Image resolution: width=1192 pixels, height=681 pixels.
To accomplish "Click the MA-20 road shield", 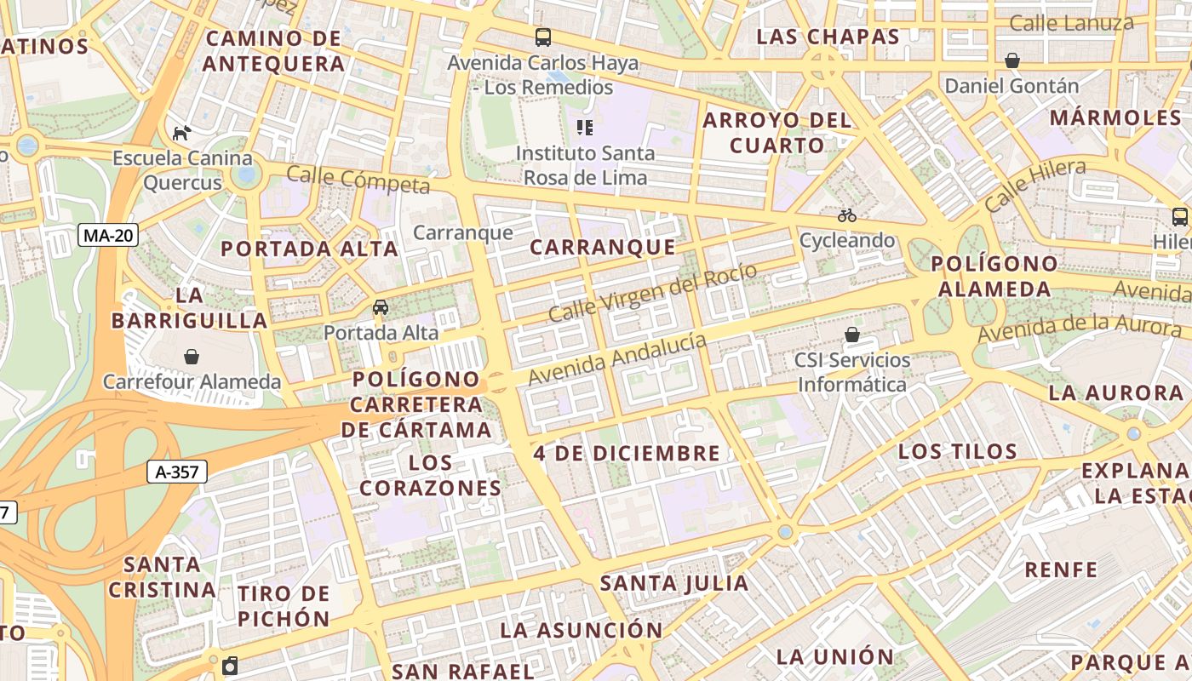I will coord(108,235).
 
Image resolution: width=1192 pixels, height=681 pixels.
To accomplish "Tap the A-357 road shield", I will coord(177,472).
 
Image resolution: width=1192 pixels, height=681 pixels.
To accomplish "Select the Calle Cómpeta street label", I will coord(358,180).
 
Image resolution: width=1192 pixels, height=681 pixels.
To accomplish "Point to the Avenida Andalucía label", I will coord(617,358).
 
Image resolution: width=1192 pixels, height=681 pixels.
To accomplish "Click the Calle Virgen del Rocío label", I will coord(652,293).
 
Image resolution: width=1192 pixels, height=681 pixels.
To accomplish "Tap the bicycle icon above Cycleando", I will coord(846,215).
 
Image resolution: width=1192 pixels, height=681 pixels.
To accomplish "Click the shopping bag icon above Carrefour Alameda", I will coord(192,356).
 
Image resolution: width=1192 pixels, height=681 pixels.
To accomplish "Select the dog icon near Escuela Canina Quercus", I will coord(181,133).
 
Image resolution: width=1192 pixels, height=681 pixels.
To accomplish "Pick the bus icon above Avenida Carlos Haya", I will coord(543,37).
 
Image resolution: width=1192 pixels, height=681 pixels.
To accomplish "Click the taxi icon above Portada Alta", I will coord(381,307).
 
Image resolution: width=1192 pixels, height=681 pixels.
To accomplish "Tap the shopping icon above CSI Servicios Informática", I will coord(852,335).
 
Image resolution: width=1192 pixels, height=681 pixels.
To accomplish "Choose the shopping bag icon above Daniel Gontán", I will coord(1012,60).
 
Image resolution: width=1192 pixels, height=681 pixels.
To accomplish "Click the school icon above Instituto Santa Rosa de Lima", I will coord(584,128).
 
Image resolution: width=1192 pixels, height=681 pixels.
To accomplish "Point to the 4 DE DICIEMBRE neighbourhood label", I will coord(627,453).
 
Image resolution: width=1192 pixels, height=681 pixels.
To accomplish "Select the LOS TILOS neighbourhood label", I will coord(958,451).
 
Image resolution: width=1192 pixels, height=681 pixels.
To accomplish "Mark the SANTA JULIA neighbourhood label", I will coord(674,583).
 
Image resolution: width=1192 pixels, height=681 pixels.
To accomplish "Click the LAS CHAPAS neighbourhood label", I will coord(828,37).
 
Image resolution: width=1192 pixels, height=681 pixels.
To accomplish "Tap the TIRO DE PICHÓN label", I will coord(283,605).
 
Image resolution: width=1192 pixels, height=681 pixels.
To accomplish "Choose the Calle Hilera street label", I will coord(1034,185).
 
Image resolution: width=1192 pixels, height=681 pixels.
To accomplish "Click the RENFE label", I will coord(1061,569).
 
